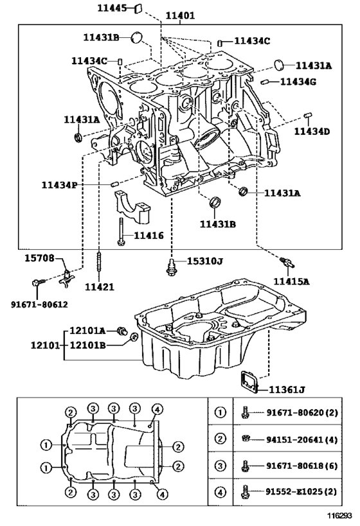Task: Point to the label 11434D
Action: [312, 131]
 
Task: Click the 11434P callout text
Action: [59, 185]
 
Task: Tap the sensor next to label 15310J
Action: [171, 267]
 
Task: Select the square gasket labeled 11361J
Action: [249, 380]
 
